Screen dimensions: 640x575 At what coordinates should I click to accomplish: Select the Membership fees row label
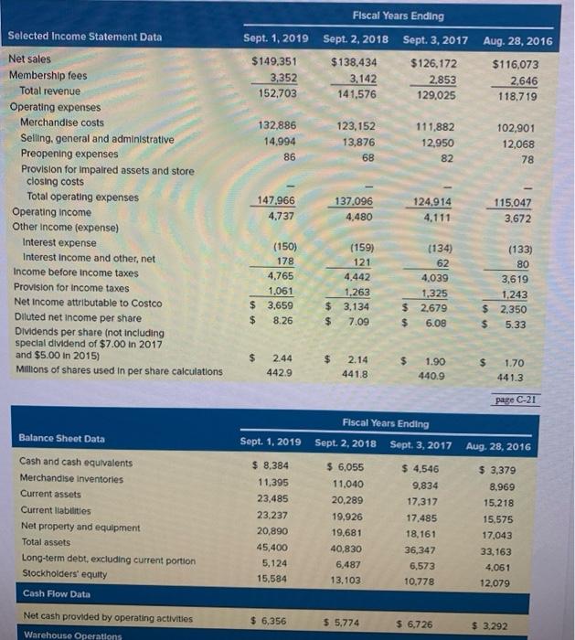coord(48,76)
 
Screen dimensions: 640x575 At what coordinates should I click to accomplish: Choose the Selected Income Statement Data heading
coord(84,37)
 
